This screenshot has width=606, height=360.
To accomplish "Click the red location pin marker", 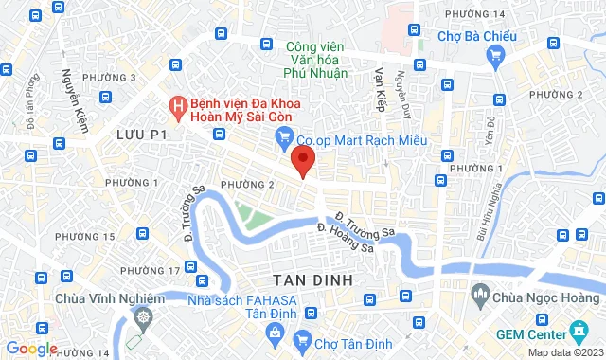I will [303, 159].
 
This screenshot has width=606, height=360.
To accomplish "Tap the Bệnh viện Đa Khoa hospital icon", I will [176, 105].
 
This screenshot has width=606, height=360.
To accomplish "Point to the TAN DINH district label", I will [312, 280].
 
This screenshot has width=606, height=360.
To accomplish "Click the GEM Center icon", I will [578, 333].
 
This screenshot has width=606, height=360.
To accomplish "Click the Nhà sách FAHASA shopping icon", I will [275, 332].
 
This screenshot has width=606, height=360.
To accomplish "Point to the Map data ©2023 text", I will [564, 352].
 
